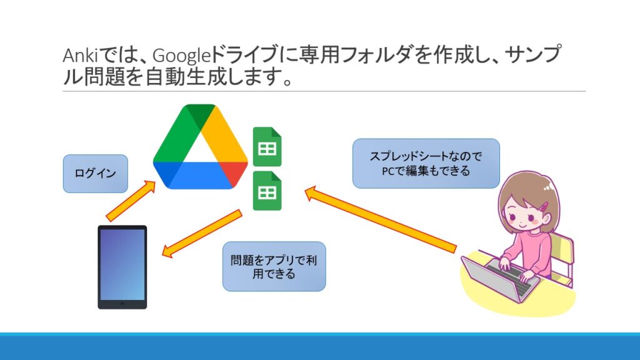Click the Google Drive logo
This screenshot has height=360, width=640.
(x=201, y=147)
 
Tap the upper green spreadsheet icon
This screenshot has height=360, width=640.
(x=267, y=147)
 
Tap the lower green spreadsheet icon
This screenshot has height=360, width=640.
(x=267, y=191)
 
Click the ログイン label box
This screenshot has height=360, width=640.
(x=96, y=174)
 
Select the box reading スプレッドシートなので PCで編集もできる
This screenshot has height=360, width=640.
(x=426, y=163)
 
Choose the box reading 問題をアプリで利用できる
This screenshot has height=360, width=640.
(x=274, y=266)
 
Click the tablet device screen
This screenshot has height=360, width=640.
(x=122, y=264)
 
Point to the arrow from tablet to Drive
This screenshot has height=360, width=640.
(x=131, y=200)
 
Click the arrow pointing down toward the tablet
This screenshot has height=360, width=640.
(x=202, y=234)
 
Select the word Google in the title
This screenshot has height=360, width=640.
(x=181, y=56)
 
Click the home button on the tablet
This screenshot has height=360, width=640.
(x=122, y=304)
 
